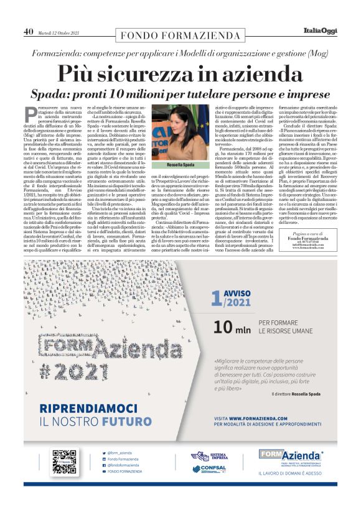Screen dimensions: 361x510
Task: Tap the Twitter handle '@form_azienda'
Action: click(x=118, y=453)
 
